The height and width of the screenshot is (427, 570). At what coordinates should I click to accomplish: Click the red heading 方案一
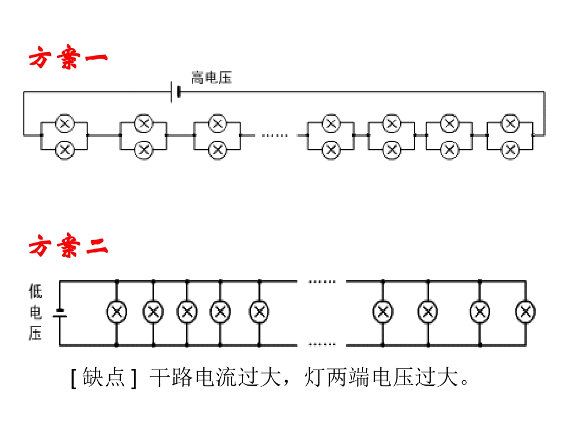point(68,59)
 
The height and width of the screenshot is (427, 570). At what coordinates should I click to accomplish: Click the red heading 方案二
point(68,247)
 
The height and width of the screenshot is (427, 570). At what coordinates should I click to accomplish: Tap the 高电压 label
point(211,77)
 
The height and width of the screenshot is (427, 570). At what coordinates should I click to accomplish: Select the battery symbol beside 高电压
point(175,92)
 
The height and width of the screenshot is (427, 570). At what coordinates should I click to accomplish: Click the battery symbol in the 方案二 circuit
point(59,312)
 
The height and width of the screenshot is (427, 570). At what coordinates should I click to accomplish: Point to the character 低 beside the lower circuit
point(35,292)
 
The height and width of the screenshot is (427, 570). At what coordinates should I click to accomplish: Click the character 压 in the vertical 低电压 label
point(35,333)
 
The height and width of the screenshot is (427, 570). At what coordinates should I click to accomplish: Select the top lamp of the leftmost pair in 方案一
point(64,124)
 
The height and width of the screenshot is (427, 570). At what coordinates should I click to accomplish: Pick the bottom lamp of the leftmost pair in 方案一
point(64,149)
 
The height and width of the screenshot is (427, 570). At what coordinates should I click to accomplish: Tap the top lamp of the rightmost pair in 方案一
point(510,124)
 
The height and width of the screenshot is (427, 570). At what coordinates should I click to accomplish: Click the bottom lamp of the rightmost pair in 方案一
point(510,149)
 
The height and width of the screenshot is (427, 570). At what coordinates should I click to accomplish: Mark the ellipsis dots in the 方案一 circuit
point(275,136)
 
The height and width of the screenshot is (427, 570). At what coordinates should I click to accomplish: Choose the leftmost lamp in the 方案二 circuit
point(116,311)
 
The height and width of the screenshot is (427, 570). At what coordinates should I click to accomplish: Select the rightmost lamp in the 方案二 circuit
point(526,311)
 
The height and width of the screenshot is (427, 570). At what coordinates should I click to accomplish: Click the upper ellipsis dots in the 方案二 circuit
point(322,281)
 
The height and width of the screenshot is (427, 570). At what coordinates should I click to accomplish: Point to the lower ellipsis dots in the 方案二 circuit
point(322,344)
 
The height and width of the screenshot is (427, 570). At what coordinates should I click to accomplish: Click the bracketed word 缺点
point(104,378)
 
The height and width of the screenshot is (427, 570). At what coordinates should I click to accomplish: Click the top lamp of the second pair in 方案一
point(143,124)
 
